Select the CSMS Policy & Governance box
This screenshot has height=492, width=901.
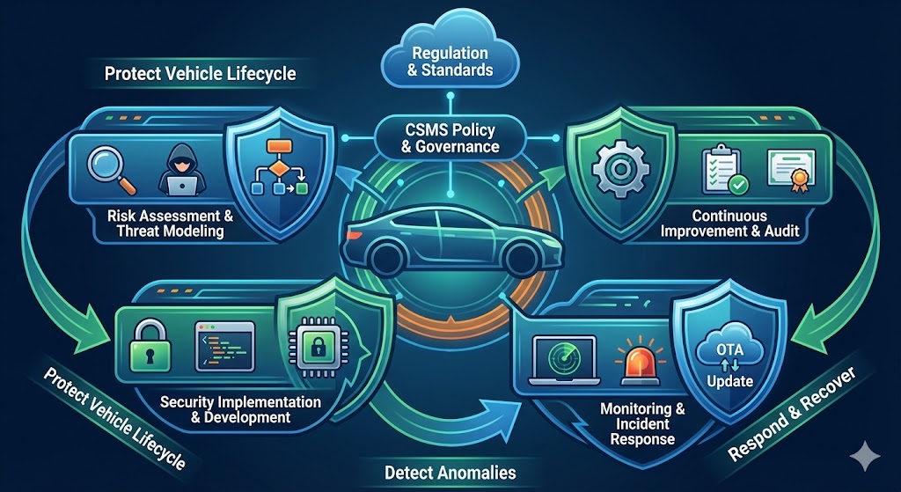click(x=450, y=138)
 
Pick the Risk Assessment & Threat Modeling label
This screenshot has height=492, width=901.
click(x=170, y=223)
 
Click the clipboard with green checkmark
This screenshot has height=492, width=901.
click(x=722, y=170)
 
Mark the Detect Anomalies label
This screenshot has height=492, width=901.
click(x=450, y=472)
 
